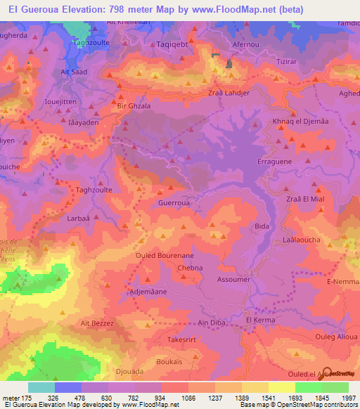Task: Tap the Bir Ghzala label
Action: pyautogui.click(x=133, y=105)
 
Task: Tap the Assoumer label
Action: pyautogui.click(x=234, y=279)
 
